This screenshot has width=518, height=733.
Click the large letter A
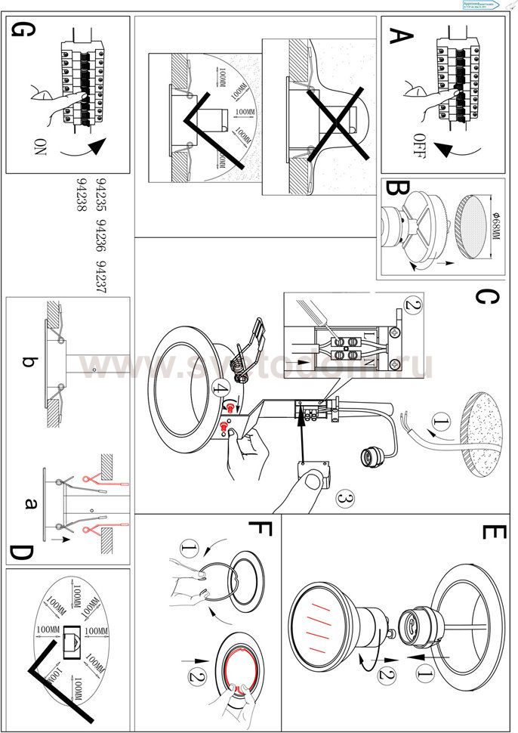(x=401, y=37)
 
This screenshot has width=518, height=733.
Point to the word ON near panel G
(x=39, y=146)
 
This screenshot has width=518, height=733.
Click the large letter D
(x=21, y=555)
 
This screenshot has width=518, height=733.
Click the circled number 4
(x=220, y=391)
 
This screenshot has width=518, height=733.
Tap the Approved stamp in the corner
(x=483, y=5)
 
